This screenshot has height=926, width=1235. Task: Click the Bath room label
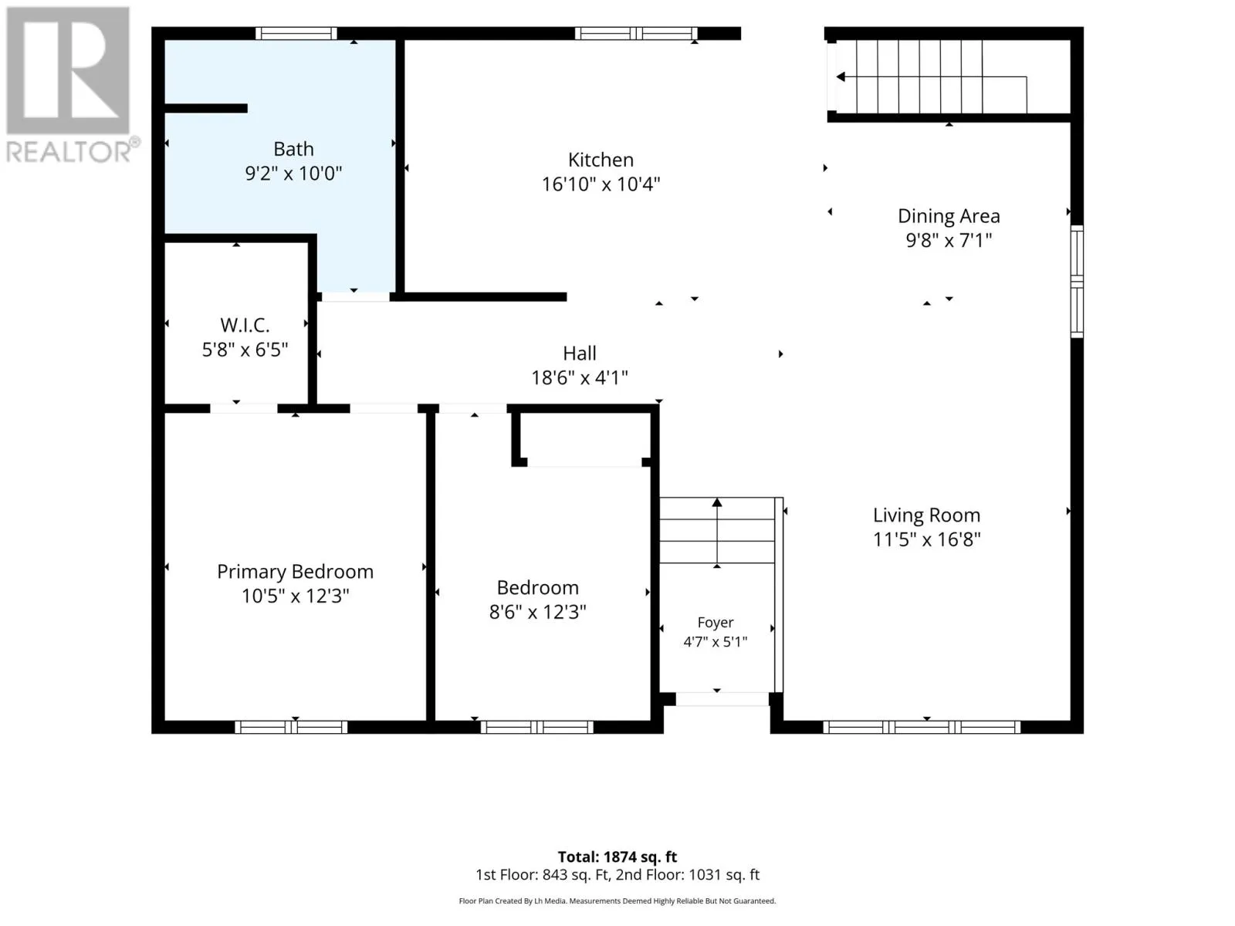(293, 149)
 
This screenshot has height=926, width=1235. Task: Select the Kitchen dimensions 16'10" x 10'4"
(601, 184)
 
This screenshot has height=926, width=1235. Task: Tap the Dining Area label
(949, 216)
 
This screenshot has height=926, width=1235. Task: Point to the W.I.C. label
(245, 325)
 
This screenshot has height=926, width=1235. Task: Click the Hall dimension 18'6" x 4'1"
(580, 378)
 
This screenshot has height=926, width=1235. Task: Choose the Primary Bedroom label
(296, 572)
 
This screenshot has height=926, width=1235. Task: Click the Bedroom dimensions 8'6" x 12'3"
(537, 612)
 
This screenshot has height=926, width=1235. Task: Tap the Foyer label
(715, 623)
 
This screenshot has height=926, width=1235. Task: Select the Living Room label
(927, 515)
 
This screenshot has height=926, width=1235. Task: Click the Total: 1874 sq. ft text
(617, 857)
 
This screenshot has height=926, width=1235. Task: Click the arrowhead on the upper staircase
(841, 77)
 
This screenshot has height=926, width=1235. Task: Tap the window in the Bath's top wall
(296, 34)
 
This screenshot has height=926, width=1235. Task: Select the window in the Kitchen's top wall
(636, 34)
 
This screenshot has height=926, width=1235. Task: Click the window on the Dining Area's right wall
(1076, 282)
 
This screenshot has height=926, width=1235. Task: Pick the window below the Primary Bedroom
(291, 727)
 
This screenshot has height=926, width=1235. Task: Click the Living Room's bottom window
(922, 727)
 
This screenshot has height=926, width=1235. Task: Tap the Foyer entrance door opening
(722, 699)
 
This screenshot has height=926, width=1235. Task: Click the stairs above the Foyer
(717, 530)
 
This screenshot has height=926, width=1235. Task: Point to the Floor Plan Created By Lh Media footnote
(617, 901)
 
